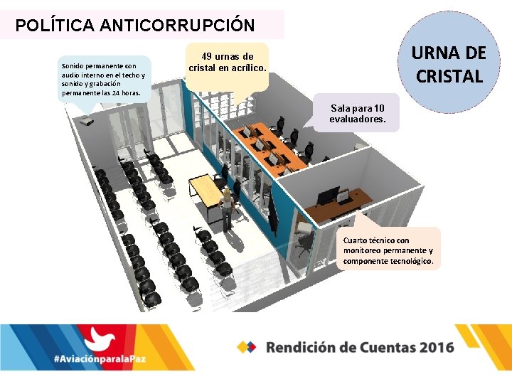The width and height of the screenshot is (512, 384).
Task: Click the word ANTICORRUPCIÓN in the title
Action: pyautogui.click(x=178, y=26)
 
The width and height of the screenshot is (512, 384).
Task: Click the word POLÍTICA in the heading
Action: pyautogui.click(x=56, y=26)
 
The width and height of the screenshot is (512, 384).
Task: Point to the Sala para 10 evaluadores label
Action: pyautogui.click(x=357, y=113)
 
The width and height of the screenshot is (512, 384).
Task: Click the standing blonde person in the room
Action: pyautogui.click(x=227, y=209)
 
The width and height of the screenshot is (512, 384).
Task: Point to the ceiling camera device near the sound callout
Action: pyautogui.click(x=87, y=122)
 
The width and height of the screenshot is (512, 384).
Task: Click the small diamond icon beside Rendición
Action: pyautogui.click(x=247, y=347)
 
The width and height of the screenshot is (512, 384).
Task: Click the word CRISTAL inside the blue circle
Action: pyautogui.click(x=449, y=75)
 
